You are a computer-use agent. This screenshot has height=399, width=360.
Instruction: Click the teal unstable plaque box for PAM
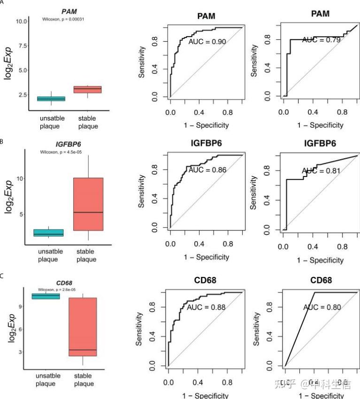[51, 99]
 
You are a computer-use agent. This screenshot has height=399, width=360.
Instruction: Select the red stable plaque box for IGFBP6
[88, 204]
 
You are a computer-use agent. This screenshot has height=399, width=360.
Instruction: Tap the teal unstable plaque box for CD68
[46, 296]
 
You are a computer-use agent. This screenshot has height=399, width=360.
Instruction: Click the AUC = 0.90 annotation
[207, 42]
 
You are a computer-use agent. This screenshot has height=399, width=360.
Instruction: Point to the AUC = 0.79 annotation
[321, 40]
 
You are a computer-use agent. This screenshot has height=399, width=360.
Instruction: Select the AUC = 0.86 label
[207, 169]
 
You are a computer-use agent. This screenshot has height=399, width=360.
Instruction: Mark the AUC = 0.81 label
[321, 171]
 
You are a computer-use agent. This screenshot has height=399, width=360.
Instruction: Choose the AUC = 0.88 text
[206, 307]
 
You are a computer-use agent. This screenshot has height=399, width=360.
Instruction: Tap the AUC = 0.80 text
[322, 308]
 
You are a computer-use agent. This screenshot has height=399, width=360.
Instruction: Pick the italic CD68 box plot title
[64, 283]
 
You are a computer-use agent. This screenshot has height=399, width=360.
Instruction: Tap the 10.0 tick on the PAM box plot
[21, 21]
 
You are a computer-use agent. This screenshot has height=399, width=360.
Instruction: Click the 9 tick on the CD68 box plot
[24, 306]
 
